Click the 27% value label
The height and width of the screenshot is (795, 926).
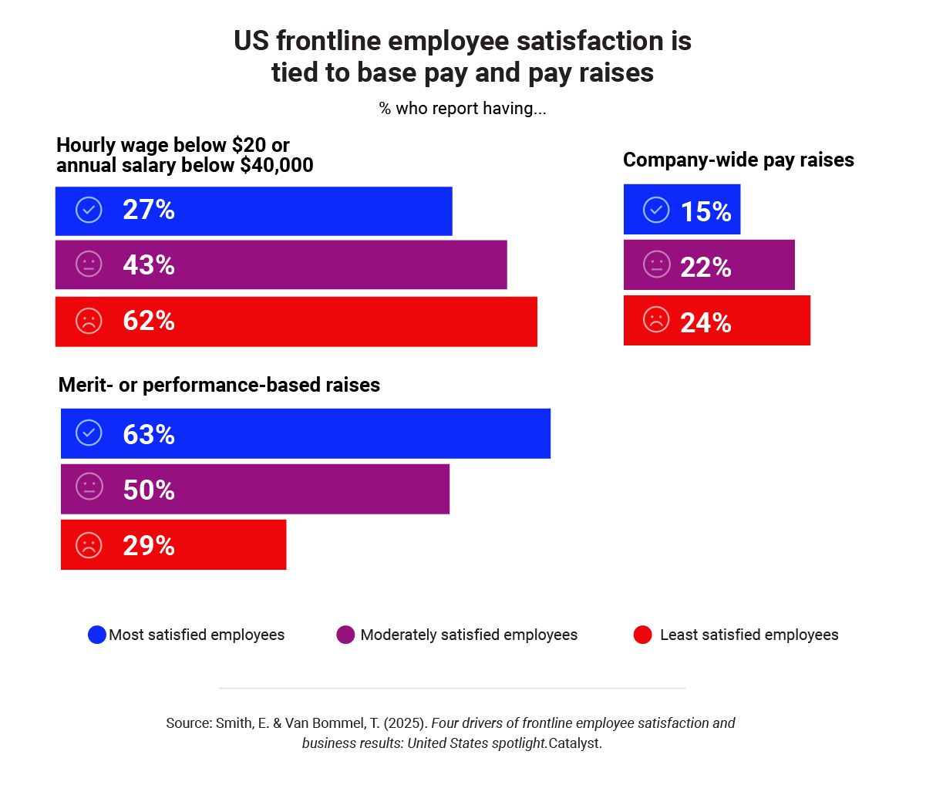(x=149, y=210)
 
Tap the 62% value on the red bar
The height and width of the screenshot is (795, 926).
(x=149, y=321)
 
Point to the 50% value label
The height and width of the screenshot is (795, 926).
(x=149, y=490)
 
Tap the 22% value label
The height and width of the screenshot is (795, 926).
(x=705, y=267)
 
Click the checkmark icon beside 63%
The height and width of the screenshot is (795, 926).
(x=89, y=433)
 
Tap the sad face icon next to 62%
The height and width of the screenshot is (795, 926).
(x=89, y=321)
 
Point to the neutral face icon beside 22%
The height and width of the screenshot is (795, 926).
(x=656, y=265)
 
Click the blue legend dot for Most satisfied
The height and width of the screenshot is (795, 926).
(x=96, y=635)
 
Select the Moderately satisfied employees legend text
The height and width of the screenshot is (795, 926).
(x=469, y=635)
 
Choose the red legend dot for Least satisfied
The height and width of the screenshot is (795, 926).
(x=642, y=635)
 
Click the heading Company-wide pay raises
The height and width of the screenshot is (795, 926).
(x=738, y=160)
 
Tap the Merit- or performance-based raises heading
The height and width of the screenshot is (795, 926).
(x=220, y=385)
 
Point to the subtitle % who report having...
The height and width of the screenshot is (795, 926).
(x=463, y=108)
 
